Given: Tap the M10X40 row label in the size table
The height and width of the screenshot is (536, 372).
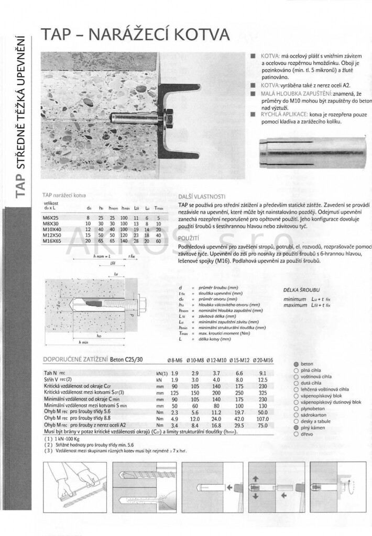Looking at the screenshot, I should tap(51, 229).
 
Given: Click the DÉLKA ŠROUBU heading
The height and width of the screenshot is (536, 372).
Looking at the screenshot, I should tap(301, 289).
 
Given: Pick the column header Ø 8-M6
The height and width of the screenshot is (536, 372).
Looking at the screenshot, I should tap(175, 360).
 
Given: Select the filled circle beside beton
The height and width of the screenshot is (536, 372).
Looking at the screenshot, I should tap(297, 364).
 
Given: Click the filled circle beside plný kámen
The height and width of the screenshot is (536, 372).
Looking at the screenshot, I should tap(297, 428).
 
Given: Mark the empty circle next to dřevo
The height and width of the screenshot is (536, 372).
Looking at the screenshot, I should tap(297, 434).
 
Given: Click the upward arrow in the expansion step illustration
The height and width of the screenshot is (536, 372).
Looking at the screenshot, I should tap(256, 478).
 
